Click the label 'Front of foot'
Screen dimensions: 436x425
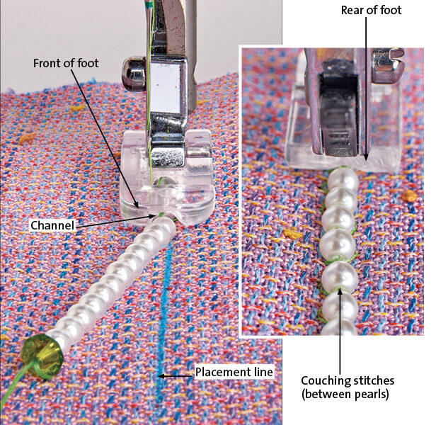tap(66, 63)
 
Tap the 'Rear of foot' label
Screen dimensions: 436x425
tap(372, 10)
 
